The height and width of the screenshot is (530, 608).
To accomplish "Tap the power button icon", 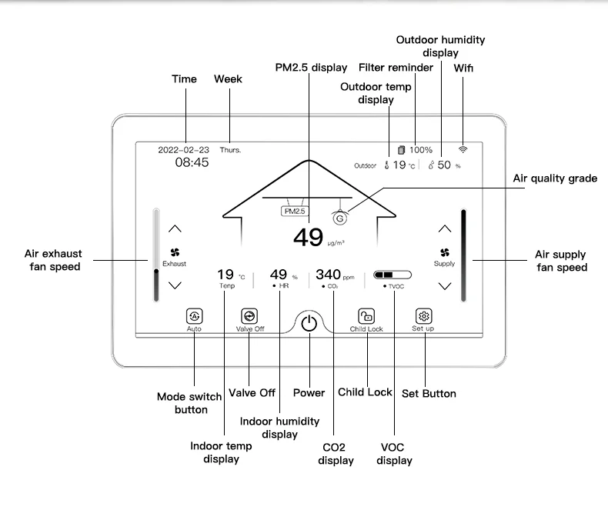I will click(309, 323).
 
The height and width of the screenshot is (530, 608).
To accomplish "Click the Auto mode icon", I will click(194, 315).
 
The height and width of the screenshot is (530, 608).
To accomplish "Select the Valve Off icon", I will click(249, 315).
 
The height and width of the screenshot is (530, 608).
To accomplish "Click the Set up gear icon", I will click(423, 315).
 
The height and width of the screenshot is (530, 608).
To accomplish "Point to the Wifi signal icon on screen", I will click(463, 150).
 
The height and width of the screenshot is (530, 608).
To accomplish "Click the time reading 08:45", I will click(192, 163).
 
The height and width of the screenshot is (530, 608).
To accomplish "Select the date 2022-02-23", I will click(183, 150).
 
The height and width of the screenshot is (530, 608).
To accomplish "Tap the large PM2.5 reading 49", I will click(308, 238).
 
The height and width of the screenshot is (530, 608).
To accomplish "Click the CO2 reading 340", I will click(329, 274).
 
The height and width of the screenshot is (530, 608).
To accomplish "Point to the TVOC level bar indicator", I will click(393, 274).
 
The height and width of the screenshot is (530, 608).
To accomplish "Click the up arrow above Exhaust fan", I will click(175, 228).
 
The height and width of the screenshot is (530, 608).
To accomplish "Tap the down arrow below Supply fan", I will click(444, 285).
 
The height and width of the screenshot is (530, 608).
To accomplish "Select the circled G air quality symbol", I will click(339, 218).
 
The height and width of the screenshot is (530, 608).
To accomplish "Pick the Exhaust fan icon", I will click(175, 252).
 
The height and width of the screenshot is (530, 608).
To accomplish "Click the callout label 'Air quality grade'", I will click(555, 178).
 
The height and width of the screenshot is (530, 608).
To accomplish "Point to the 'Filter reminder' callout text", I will click(396, 68).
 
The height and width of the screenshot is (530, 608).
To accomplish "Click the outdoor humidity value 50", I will click(444, 165).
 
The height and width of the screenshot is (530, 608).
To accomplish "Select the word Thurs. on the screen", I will click(230, 150).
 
